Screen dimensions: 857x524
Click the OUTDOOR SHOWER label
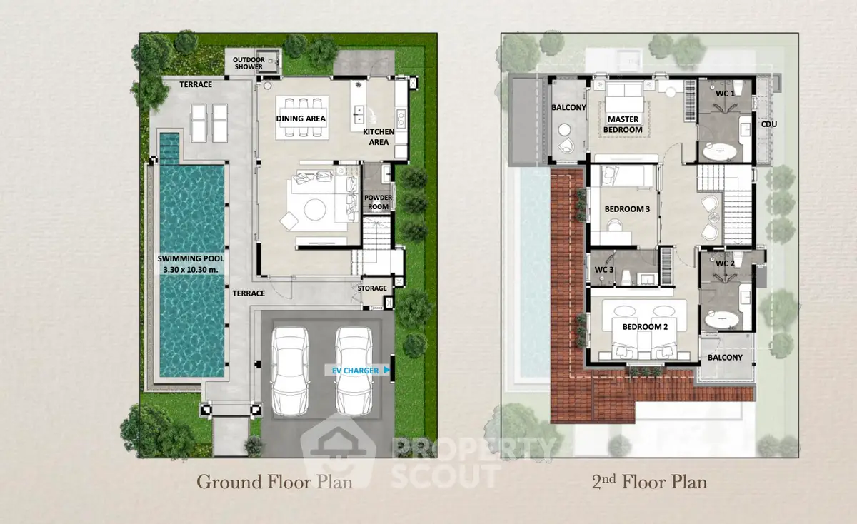click(249, 63)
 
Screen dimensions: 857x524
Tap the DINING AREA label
click(301, 119)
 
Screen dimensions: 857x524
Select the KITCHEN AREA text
click(379, 137)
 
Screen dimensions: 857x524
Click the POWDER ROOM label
click(378, 202)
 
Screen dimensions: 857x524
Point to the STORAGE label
click(372, 288)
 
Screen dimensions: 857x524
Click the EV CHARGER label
click(355, 371)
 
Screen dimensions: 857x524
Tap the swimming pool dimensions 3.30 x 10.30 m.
click(191, 270)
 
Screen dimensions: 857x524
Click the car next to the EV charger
click(354, 371)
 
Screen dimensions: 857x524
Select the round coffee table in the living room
click(315, 210)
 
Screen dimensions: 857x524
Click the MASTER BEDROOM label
click(623, 124)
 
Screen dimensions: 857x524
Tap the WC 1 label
click(725, 94)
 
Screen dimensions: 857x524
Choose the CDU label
click(769, 124)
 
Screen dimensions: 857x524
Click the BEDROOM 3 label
click(627, 209)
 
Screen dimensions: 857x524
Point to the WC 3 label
click(604, 270)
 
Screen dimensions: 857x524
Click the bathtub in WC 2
click(722, 320)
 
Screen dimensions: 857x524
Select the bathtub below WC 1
click(720, 152)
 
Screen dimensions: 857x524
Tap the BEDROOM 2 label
click(645, 327)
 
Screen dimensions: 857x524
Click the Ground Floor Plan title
click(274, 482)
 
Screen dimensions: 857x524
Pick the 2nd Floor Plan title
click(649, 482)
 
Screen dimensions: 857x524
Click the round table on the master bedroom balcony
click(564, 130)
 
